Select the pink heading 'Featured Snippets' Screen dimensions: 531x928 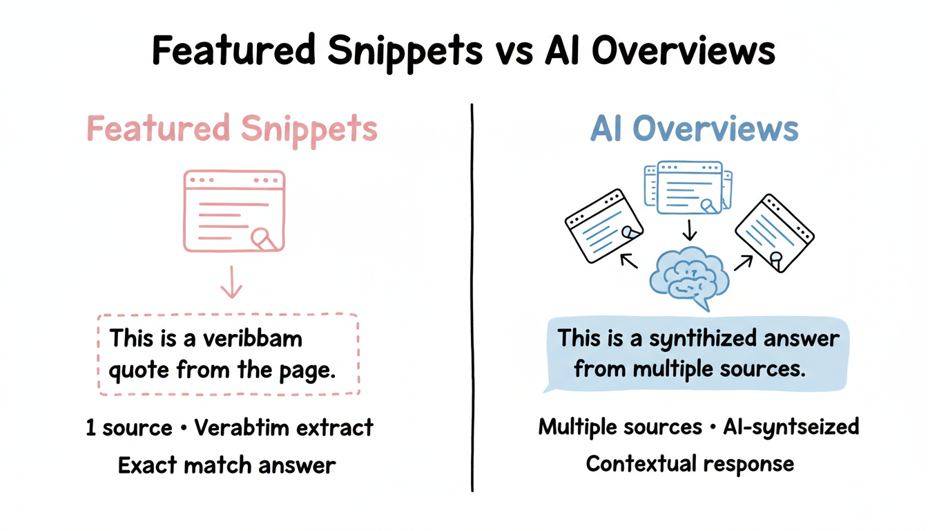coord(233,129)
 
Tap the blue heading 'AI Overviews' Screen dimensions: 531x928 coord(694,129)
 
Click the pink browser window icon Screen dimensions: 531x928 coord(234,210)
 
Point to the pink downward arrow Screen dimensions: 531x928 coord(231,283)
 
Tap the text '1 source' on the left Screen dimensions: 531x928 coord(128,428)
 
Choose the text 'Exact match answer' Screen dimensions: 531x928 coord(227,465)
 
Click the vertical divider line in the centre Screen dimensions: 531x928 coord(472,297)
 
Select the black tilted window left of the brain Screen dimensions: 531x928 coord(603,226)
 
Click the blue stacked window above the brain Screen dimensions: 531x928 coord(688,187)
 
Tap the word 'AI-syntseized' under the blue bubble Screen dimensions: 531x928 coord(791,427)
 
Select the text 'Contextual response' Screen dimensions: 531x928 coord(690,463)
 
